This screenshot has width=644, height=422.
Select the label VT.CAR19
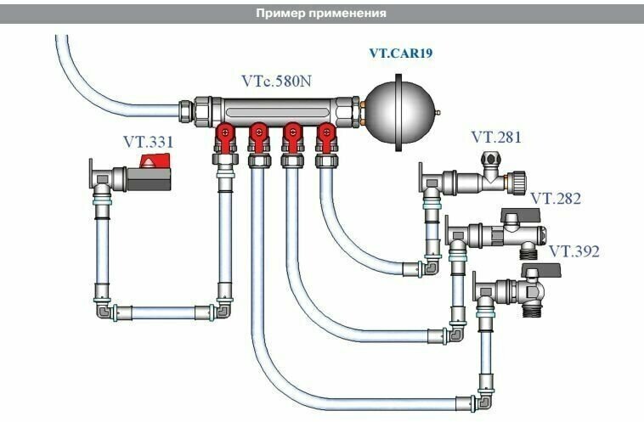401,53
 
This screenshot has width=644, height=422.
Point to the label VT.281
496,137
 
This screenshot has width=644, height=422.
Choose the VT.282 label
556,199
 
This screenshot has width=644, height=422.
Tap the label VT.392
573,251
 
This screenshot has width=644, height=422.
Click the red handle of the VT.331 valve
153,166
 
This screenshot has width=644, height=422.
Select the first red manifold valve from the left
226,136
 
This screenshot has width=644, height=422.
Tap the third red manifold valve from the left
291,136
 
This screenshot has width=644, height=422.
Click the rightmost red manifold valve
325,136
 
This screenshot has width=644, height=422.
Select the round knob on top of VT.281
489,157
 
